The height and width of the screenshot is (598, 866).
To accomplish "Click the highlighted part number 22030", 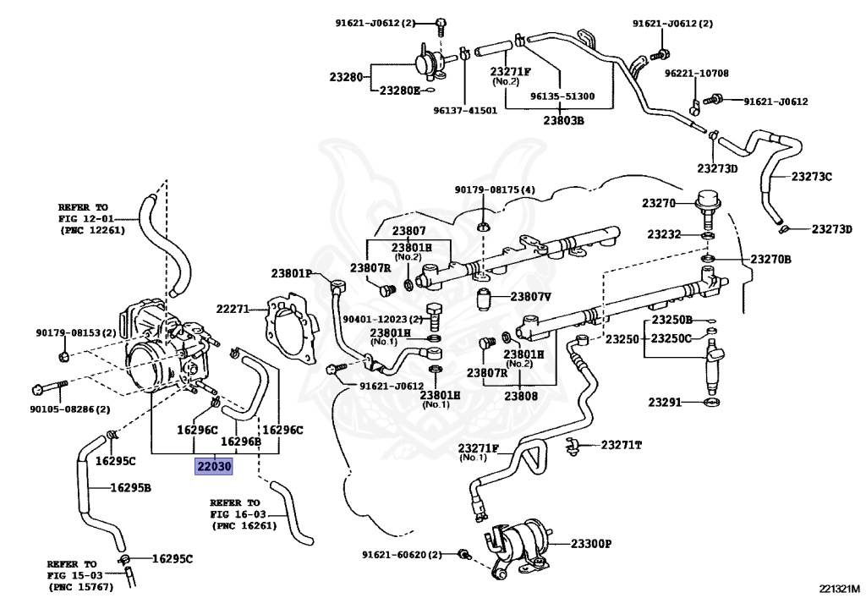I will [x=213, y=466].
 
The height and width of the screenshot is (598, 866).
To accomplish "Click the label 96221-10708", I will [x=696, y=74].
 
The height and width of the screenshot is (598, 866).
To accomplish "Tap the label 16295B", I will [x=130, y=487].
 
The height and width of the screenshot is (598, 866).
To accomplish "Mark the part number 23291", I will [x=665, y=402].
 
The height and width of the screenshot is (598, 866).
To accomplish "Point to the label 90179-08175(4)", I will [x=495, y=189].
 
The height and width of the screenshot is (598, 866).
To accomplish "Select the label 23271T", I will [x=622, y=444].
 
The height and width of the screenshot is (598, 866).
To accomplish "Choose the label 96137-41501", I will [x=465, y=110].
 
